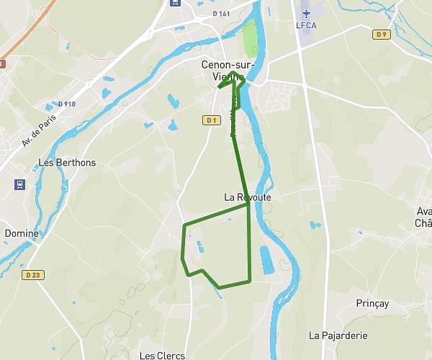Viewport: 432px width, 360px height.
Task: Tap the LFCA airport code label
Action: point(306,25)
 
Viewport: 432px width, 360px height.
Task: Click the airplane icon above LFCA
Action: point(306,13)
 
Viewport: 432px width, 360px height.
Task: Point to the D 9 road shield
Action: point(381,35)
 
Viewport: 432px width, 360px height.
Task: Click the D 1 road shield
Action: point(211,120)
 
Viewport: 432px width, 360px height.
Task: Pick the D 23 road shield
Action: point(32,275)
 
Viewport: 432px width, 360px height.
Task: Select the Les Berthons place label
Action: point(66,163)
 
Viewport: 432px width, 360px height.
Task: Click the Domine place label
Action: point(22,233)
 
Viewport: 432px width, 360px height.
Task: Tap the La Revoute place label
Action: point(248,197)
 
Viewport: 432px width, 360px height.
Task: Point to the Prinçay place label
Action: point(372,303)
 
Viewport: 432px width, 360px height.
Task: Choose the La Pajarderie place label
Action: point(338,335)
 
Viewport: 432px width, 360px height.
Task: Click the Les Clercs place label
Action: point(162,355)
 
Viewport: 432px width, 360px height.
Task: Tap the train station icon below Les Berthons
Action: point(18,183)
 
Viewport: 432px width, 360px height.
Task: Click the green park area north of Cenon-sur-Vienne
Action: point(249,40)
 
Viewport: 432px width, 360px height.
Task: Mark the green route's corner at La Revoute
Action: point(248,204)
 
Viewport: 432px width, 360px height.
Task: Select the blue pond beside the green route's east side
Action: point(265,261)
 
